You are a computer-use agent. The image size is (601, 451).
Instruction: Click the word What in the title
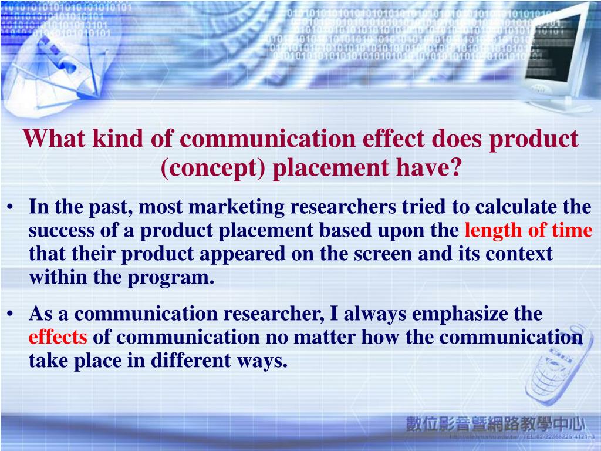point(48,139)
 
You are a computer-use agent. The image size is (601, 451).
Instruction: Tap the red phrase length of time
point(528,231)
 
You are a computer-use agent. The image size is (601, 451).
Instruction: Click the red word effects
point(58,337)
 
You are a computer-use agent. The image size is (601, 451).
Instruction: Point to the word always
point(375,314)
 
